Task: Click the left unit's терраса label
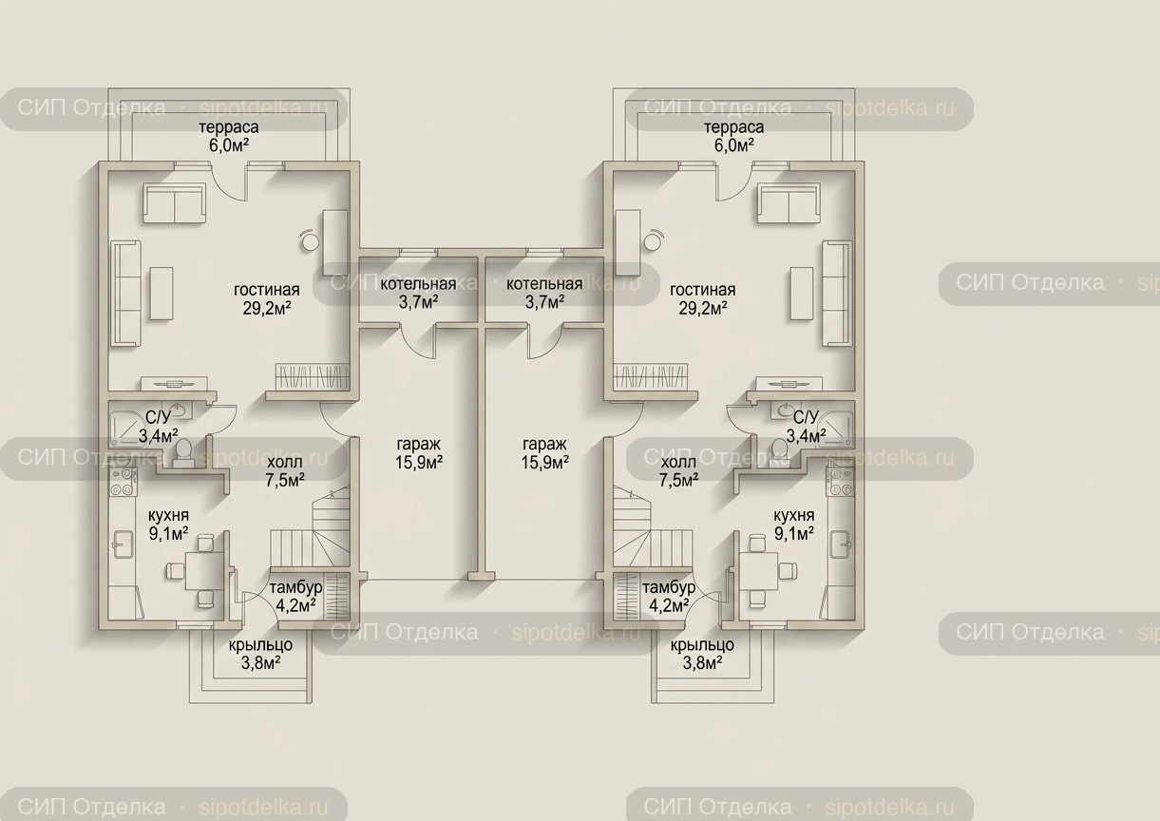pyautogui.click(x=229, y=127)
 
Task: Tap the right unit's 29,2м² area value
pyautogui.click(x=703, y=308)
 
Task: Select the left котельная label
pyautogui.click(x=418, y=284)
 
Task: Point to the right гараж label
pyautogui.click(x=544, y=445)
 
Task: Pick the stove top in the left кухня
pyautogui.click(x=123, y=481)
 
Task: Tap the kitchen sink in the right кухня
pyautogui.click(x=841, y=545)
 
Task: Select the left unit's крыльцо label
pyautogui.click(x=260, y=645)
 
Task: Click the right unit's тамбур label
pyautogui.click(x=669, y=587)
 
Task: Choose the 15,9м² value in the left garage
pyautogui.click(x=418, y=462)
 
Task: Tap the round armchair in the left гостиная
pyautogui.click(x=311, y=239)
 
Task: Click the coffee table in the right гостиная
pyautogui.click(x=801, y=294)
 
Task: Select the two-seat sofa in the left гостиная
pyautogui.click(x=174, y=204)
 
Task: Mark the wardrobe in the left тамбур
pyautogui.click(x=336, y=596)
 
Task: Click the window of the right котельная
pyautogui.click(x=544, y=252)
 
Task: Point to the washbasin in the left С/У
pyautogui.click(x=178, y=410)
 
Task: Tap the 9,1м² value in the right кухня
pyautogui.click(x=794, y=533)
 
